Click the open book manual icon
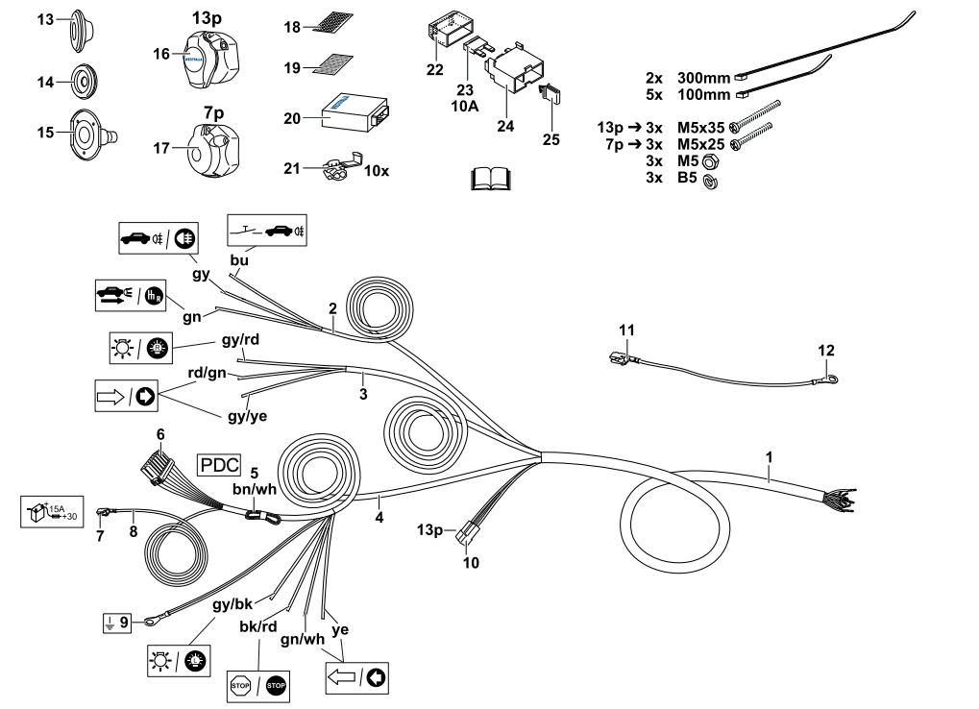[495, 179]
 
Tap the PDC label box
[218, 466]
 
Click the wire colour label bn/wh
[255, 488]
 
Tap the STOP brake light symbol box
[257, 684]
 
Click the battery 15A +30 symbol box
[52, 511]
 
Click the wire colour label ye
[338, 630]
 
